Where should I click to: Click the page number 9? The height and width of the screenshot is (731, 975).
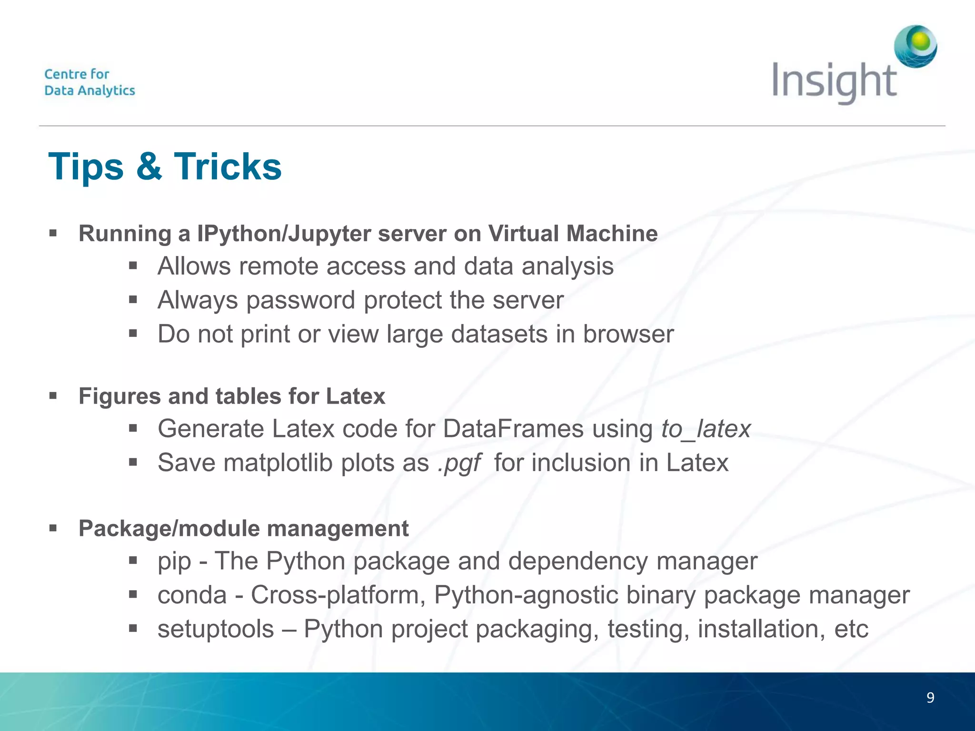click(x=930, y=698)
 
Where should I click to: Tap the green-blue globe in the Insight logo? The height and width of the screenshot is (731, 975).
click(x=915, y=46)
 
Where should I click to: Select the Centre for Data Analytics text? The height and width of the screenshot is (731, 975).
click(x=90, y=82)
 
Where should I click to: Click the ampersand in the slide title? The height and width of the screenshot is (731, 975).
click(x=149, y=167)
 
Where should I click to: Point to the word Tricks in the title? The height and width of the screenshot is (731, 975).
click(x=228, y=167)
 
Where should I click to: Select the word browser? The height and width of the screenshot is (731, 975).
click(x=628, y=334)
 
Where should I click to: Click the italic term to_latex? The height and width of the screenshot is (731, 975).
click(x=706, y=429)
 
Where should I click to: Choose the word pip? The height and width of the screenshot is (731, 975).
click(x=174, y=562)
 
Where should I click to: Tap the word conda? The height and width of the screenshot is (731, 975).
click(x=192, y=595)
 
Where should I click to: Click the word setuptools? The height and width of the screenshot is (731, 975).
click(x=216, y=629)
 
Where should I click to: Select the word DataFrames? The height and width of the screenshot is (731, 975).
click(x=513, y=429)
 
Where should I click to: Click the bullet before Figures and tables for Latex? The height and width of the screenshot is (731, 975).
click(x=53, y=396)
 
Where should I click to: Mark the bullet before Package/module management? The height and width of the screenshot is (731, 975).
click(x=53, y=528)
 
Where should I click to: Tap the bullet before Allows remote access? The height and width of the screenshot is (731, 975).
click(x=133, y=266)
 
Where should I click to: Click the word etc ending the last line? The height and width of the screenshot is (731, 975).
click(x=851, y=629)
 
